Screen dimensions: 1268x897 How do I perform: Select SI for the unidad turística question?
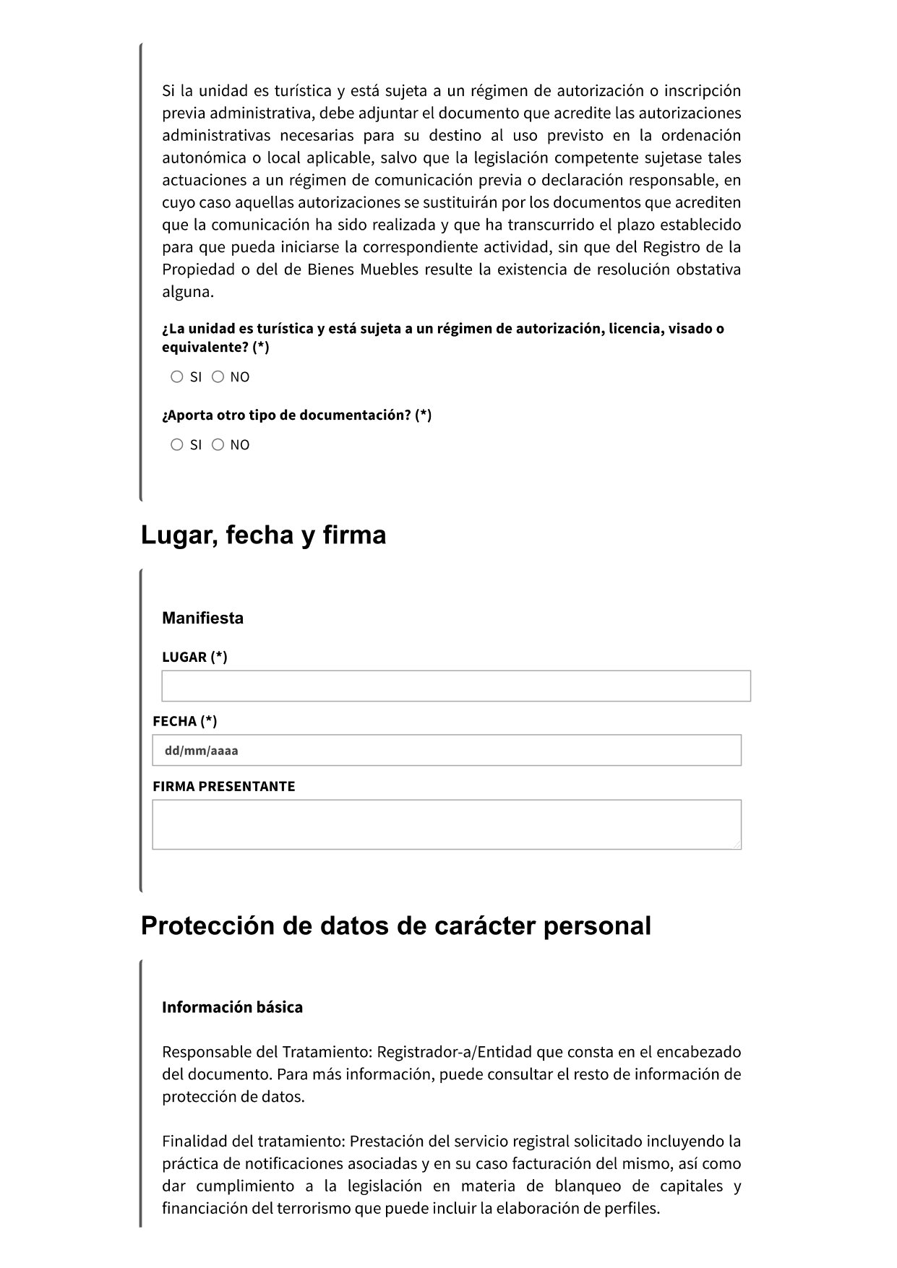(x=177, y=376)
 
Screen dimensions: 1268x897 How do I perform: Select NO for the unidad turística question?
(x=218, y=376)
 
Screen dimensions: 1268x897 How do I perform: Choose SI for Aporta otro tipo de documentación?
(x=177, y=444)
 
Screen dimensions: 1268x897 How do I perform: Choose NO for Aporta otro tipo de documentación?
(x=218, y=444)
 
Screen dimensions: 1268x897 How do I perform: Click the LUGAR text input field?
(x=455, y=686)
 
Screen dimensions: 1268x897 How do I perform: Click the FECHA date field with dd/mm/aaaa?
(x=447, y=750)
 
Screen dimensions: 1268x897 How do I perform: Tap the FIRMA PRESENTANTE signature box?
(x=447, y=824)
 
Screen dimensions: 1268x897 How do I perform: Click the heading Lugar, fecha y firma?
(x=263, y=535)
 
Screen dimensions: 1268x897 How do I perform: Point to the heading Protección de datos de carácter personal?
(x=395, y=926)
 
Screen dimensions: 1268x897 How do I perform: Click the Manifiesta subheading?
(x=202, y=618)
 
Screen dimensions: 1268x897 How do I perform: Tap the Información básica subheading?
(x=232, y=1007)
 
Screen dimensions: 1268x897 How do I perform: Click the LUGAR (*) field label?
(x=194, y=657)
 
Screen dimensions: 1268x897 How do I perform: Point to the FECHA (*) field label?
(x=185, y=721)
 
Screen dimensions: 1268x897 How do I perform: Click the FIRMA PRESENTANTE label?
(x=224, y=786)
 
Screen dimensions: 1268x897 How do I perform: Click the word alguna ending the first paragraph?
(x=187, y=293)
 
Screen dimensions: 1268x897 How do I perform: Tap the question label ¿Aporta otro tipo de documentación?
(x=296, y=415)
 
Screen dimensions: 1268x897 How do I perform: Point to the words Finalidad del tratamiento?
(x=254, y=1142)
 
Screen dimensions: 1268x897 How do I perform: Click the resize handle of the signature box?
(x=737, y=845)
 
